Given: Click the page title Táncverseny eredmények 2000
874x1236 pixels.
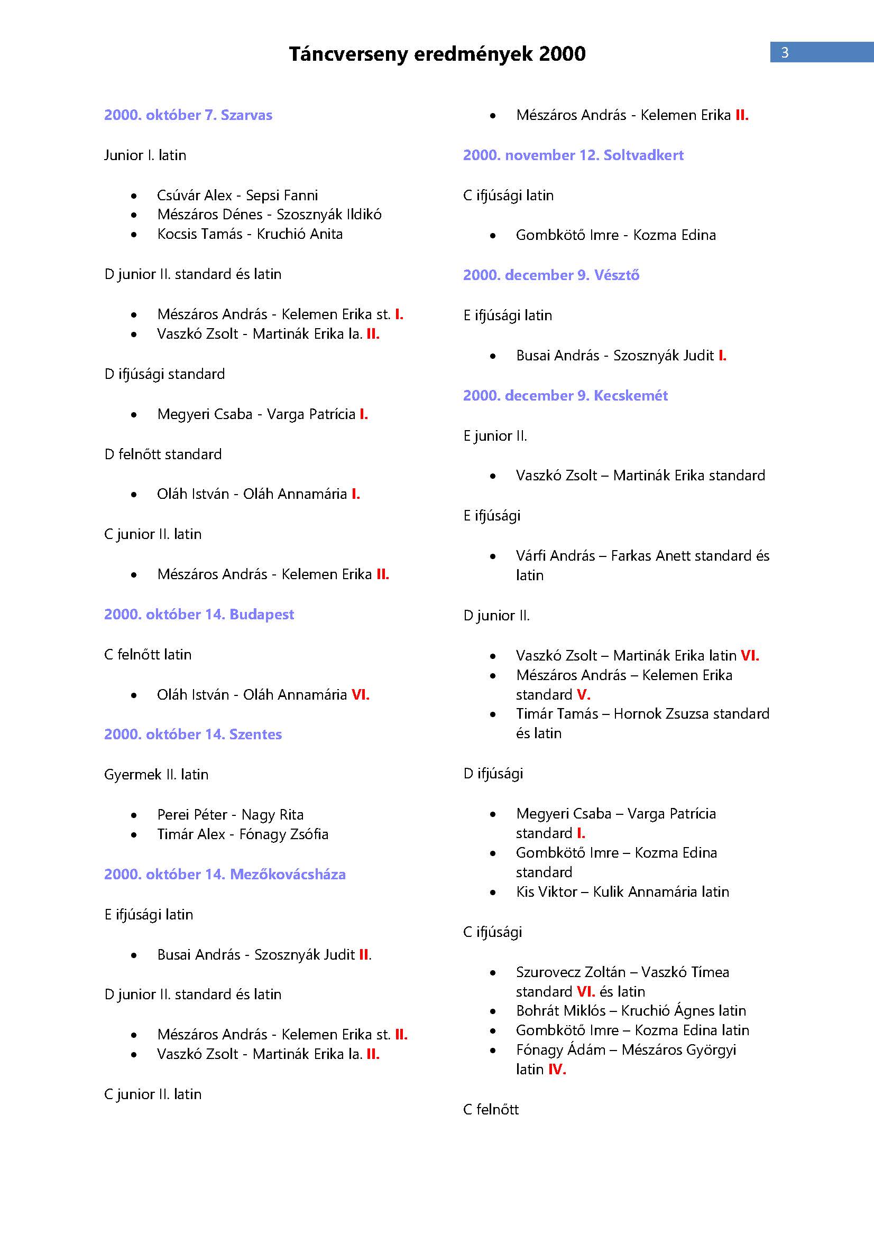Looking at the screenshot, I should click(x=437, y=54).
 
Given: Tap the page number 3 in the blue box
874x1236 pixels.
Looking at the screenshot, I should click(x=785, y=53).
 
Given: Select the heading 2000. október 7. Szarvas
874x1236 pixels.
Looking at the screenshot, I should click(x=188, y=115).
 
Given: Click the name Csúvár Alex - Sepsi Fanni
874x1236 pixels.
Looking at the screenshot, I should click(x=237, y=196).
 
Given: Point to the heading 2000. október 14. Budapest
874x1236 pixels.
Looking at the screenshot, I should click(x=199, y=615).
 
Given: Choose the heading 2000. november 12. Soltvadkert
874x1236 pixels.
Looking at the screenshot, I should click(x=573, y=155).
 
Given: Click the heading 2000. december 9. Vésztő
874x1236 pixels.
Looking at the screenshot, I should click(x=551, y=276).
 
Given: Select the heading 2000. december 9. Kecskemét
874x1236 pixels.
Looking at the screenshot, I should click(x=565, y=396).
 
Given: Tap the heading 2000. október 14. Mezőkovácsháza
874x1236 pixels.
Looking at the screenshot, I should click(x=225, y=874).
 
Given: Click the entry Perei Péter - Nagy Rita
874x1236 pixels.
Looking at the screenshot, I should click(x=230, y=814).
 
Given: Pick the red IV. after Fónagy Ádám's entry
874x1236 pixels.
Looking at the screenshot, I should click(x=557, y=1069).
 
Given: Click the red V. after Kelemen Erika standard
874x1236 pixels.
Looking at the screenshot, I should click(x=583, y=694).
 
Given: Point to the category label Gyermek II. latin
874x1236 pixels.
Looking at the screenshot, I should click(x=156, y=775).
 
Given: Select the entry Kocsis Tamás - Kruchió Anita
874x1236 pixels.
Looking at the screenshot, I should click(x=250, y=234).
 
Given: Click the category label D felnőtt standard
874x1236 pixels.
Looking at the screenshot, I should click(x=163, y=454).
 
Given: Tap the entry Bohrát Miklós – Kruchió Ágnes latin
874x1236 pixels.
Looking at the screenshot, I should click(x=631, y=1010).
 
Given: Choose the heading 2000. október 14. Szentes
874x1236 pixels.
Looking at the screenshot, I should click(x=193, y=735).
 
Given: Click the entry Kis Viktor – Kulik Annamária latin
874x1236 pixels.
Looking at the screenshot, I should click(x=622, y=891).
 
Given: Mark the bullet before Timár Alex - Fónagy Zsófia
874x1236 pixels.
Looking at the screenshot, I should click(x=134, y=835).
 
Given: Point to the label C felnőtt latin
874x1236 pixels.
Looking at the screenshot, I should click(x=148, y=655).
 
